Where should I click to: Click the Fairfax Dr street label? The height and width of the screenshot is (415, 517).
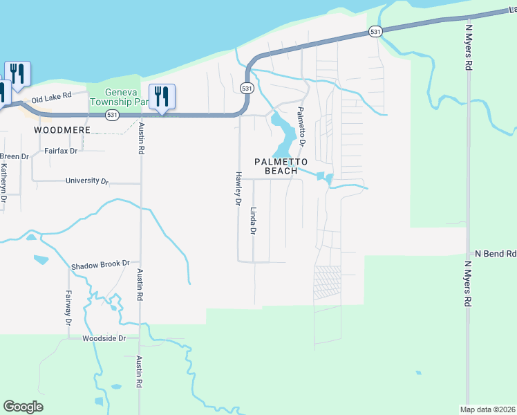60,150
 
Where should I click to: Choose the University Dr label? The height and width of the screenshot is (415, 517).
87,181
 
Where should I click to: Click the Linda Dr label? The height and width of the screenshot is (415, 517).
253,221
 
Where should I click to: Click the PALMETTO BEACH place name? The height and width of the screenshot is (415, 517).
276,166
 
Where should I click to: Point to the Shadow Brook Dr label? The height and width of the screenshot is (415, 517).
100,264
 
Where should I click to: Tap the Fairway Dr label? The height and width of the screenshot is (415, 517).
68,307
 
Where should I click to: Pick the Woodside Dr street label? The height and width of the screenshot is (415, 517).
104,338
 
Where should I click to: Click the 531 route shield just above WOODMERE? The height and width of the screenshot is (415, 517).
111,114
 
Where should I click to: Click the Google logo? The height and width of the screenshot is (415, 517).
23,406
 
